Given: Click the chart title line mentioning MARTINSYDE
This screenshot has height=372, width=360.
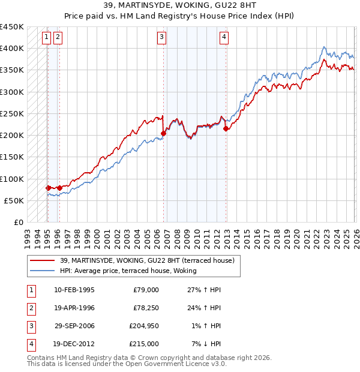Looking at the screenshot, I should (179, 6).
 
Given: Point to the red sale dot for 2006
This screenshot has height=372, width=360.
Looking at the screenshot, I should (163, 133).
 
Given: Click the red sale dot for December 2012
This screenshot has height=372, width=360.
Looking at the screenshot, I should (226, 128).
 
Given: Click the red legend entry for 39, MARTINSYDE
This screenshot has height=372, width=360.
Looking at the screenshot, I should (150, 260).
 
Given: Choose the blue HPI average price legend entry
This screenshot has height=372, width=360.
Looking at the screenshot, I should (132, 271).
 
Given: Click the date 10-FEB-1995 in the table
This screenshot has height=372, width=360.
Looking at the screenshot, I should (74, 290).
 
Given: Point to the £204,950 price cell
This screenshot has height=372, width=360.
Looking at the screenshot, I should (145, 326).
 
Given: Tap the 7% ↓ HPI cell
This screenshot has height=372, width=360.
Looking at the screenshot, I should (206, 344).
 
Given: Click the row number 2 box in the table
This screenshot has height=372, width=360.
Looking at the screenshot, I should (30, 308).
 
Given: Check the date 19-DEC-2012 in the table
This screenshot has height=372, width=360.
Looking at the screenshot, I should (74, 344).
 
